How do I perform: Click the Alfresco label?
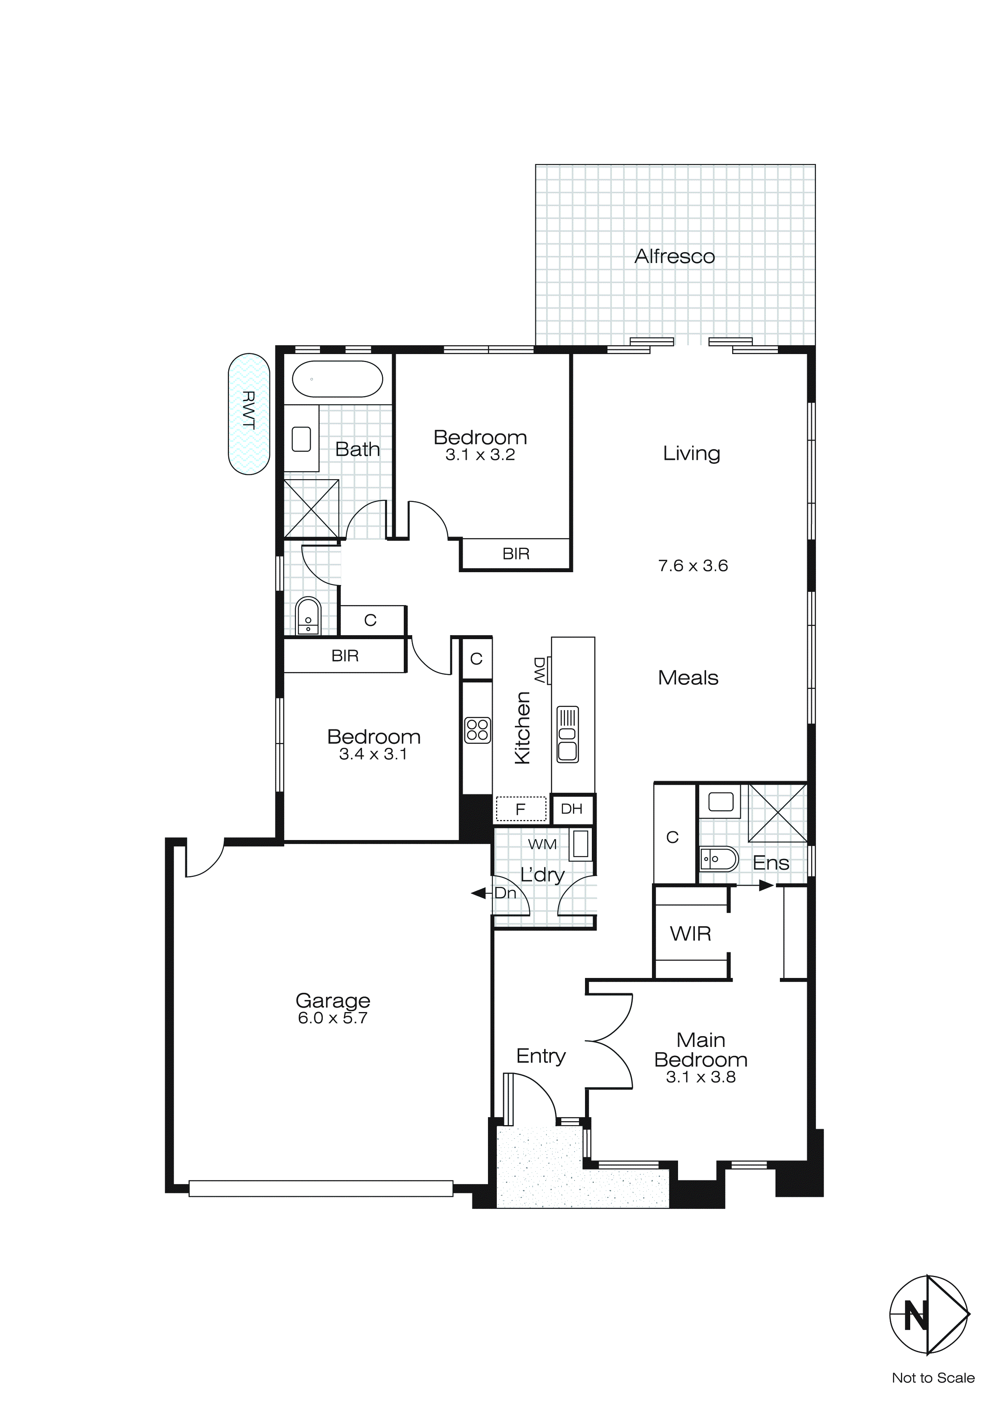coord(674,256)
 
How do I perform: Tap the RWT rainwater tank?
coord(249,414)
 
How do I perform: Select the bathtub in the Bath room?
coord(337,379)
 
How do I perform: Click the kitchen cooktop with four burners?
coord(478,730)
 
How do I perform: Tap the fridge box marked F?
coord(520,809)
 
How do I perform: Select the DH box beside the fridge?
coord(572,809)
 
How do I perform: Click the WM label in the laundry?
coord(542,844)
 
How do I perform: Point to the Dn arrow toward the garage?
coord(479,893)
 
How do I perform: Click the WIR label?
coord(690,934)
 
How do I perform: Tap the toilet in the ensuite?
coord(719,859)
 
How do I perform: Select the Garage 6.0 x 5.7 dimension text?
coord(332,1018)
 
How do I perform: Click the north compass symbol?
coord(929,1315)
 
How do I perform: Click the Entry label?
coord(541,1056)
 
